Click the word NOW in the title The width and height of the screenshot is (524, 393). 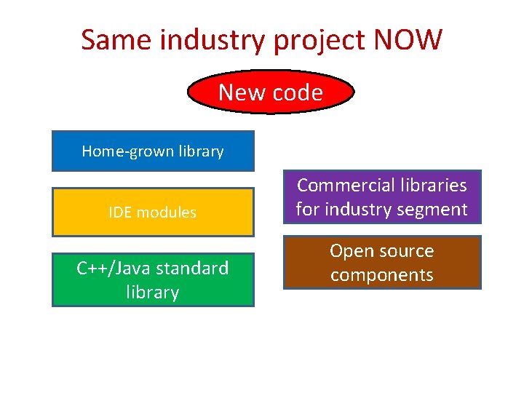[407, 40]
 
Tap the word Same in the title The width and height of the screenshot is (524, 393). [116, 40]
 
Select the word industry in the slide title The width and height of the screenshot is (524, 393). [213, 41]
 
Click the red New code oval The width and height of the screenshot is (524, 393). [271, 92]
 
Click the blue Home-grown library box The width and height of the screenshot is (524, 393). [153, 151]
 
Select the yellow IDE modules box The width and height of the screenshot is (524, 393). [153, 213]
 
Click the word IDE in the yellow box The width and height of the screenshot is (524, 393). [120, 213]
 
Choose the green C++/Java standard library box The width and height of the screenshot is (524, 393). [153, 279]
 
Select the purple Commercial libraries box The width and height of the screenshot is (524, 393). [382, 196]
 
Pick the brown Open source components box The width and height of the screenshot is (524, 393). [382, 263]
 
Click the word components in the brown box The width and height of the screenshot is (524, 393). [382, 275]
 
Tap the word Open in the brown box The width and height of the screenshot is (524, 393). [348, 251]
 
